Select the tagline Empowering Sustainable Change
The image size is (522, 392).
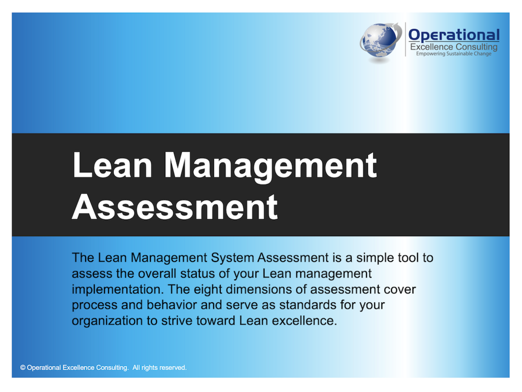point(454,54)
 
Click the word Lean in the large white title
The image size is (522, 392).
point(113,165)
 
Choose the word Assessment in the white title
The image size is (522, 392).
point(175,207)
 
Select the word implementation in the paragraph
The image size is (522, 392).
point(117,290)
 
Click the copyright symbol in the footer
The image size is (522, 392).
point(22,367)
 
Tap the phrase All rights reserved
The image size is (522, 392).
point(159,367)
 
